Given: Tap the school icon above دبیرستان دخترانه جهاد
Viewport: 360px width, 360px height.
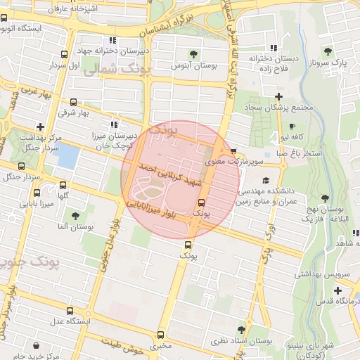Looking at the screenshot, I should click(x=112, y=40).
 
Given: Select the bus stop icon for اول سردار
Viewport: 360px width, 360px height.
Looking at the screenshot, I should click(x=64, y=54).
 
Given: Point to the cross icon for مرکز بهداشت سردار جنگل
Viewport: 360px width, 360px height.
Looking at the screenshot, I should click(x=41, y=127).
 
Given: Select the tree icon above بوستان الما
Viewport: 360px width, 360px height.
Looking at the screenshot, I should click(x=75, y=216).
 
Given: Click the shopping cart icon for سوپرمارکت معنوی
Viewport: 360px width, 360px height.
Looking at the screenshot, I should click(x=233, y=151).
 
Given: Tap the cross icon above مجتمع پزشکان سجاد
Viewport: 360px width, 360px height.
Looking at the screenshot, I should click(x=279, y=96).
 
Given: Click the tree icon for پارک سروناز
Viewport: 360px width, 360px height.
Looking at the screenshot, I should click(x=328, y=51).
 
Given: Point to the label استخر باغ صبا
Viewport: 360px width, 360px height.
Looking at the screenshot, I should click(x=298, y=153).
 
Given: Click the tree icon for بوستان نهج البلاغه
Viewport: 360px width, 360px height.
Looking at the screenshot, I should click(x=324, y=198).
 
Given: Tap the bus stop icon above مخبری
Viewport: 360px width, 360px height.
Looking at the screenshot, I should click(x=160, y=335).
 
